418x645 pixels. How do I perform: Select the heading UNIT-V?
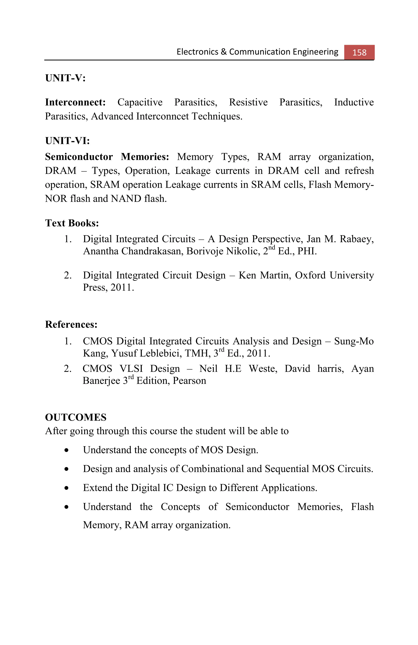pos(65,78)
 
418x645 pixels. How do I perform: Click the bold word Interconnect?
pos(75,102)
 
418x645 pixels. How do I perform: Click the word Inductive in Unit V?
pos(354,102)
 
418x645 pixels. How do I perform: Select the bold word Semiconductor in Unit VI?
pos(79,157)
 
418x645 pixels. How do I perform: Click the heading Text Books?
pos(72,223)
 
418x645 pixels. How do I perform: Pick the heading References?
pos(71,324)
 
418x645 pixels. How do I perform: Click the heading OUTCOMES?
pos(76,417)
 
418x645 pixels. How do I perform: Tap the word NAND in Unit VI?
pos(126,199)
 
